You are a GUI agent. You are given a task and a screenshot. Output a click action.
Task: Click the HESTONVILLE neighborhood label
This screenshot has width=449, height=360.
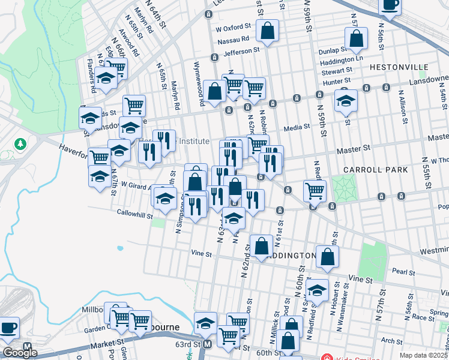tap(399, 67)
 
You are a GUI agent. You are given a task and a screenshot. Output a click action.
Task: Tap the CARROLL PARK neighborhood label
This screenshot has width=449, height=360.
tap(380, 170)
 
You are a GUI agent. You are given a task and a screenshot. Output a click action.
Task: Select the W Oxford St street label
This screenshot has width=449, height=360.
tap(232, 28)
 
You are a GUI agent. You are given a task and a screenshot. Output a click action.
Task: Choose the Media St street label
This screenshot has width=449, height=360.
tap(296, 127)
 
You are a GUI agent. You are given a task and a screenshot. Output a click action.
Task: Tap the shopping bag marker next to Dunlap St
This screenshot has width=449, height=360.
tap(356, 38)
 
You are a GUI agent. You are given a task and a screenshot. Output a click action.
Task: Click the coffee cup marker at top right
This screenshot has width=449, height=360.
tap(389, 5)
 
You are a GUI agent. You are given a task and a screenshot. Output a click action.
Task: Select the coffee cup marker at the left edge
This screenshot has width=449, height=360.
tap(8, 328)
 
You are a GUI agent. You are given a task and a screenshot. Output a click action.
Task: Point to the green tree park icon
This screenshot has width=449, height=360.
tap(20, 144)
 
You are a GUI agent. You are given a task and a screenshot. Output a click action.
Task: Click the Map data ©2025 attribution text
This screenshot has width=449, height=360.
tap(424, 355)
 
